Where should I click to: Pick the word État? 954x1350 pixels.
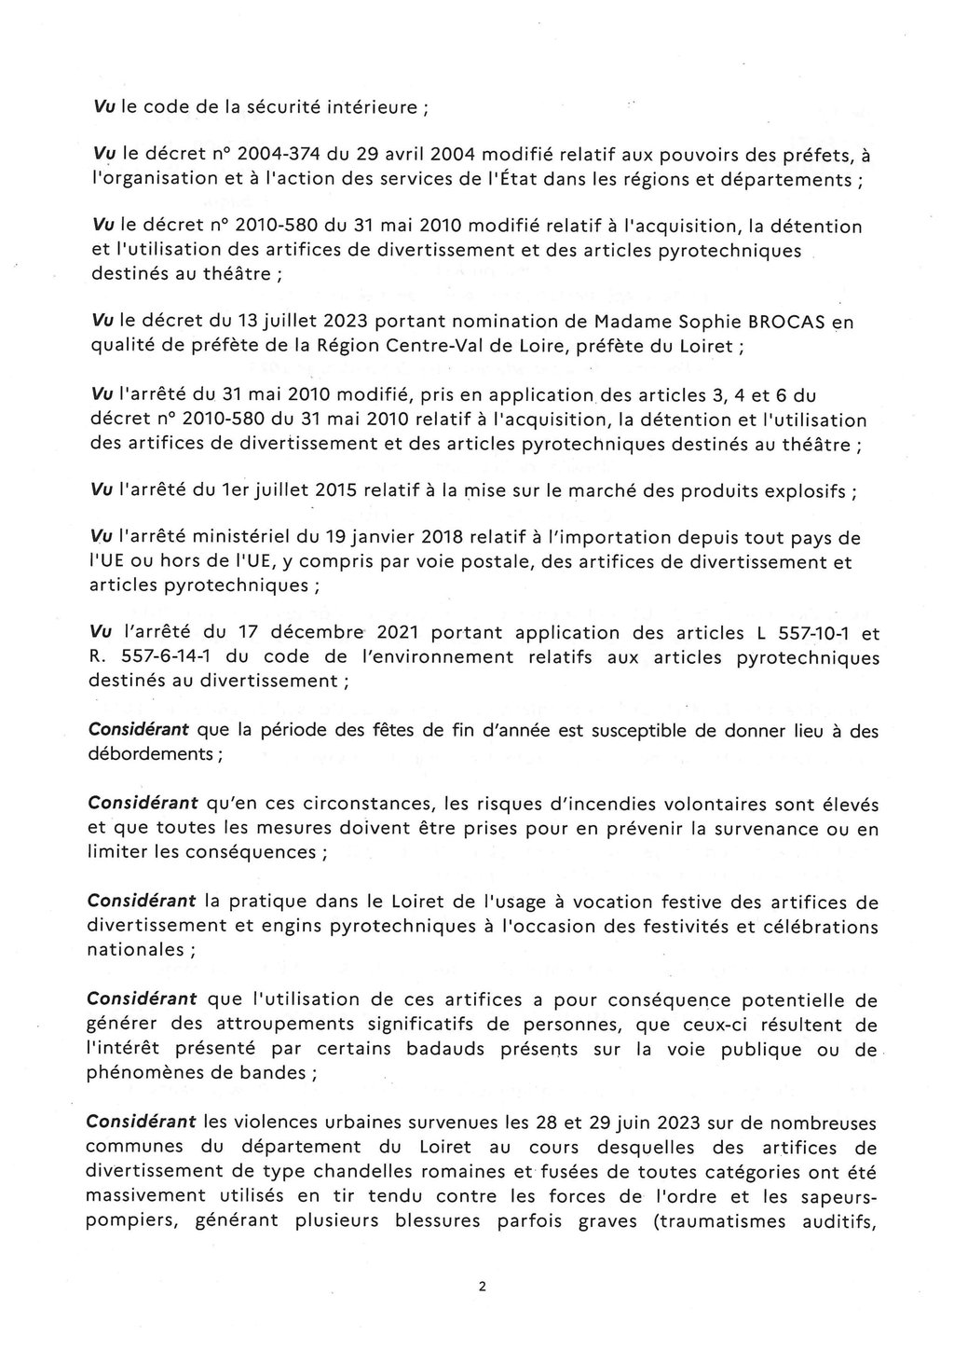(585, 179)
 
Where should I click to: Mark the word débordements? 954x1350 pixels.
(150, 753)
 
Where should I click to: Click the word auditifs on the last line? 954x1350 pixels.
(836, 1219)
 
